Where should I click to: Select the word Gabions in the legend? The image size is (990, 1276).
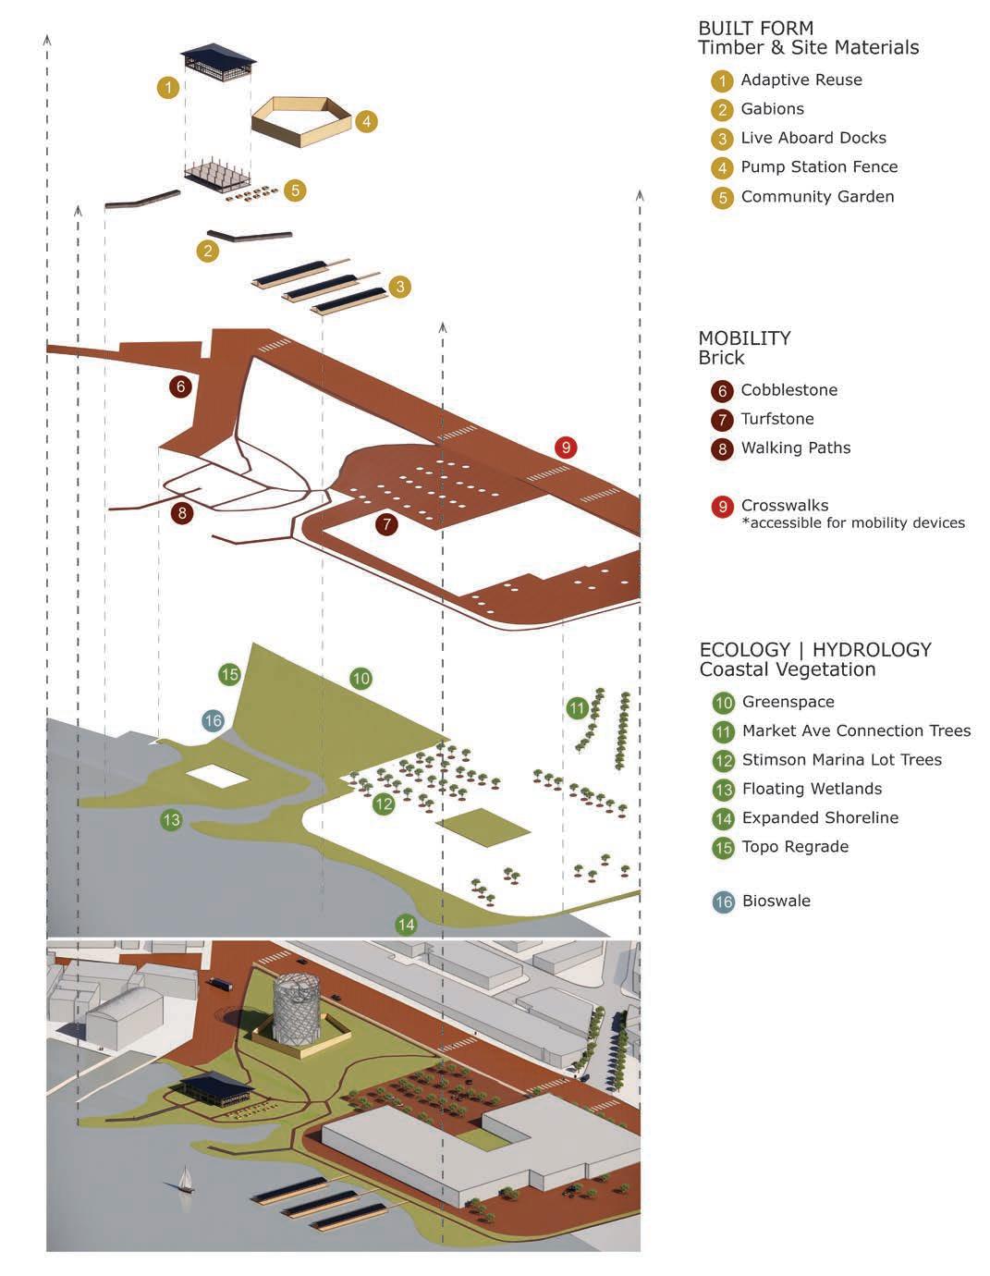pyautogui.click(x=772, y=109)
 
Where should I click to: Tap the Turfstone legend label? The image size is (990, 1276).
pyautogui.click(x=776, y=419)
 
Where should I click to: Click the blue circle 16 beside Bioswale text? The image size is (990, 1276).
pyautogui.click(x=723, y=902)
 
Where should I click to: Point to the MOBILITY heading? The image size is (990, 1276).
pyautogui.click(x=744, y=338)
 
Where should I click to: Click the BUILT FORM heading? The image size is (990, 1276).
pyautogui.click(x=755, y=28)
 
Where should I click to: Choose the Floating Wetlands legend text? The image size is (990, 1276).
pyautogui.click(x=812, y=789)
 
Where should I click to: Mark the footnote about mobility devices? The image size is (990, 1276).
pyautogui.click(x=853, y=523)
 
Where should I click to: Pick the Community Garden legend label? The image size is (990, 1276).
pyautogui.click(x=817, y=197)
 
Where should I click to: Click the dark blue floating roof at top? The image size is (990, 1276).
pyautogui.click(x=218, y=54)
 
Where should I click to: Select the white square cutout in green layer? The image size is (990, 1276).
pyautogui.click(x=217, y=775)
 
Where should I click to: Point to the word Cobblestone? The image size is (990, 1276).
pyautogui.click(x=788, y=390)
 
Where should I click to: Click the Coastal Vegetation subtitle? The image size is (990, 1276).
pyautogui.click(x=787, y=669)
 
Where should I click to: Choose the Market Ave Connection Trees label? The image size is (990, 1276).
pyautogui.click(x=856, y=731)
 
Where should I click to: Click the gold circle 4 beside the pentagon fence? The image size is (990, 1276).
pyautogui.click(x=365, y=121)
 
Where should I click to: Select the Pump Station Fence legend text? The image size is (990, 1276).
pyautogui.click(x=819, y=167)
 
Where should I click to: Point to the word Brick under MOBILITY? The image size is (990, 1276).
pyautogui.click(x=721, y=358)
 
